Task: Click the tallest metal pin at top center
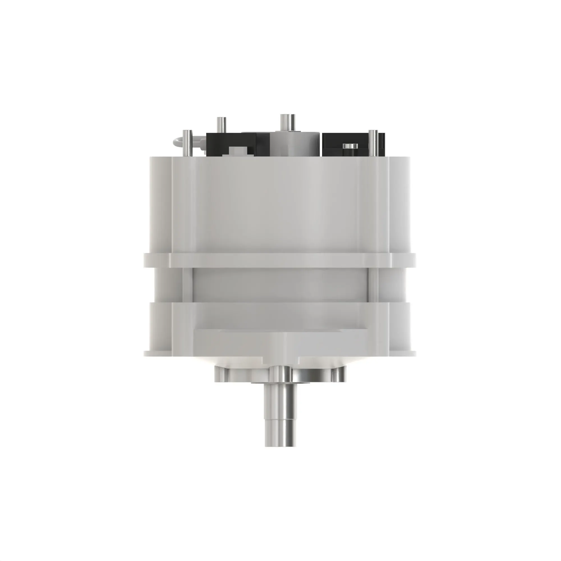point(287,122)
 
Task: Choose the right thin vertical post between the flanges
point(374,284)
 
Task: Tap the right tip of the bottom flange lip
point(413,353)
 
